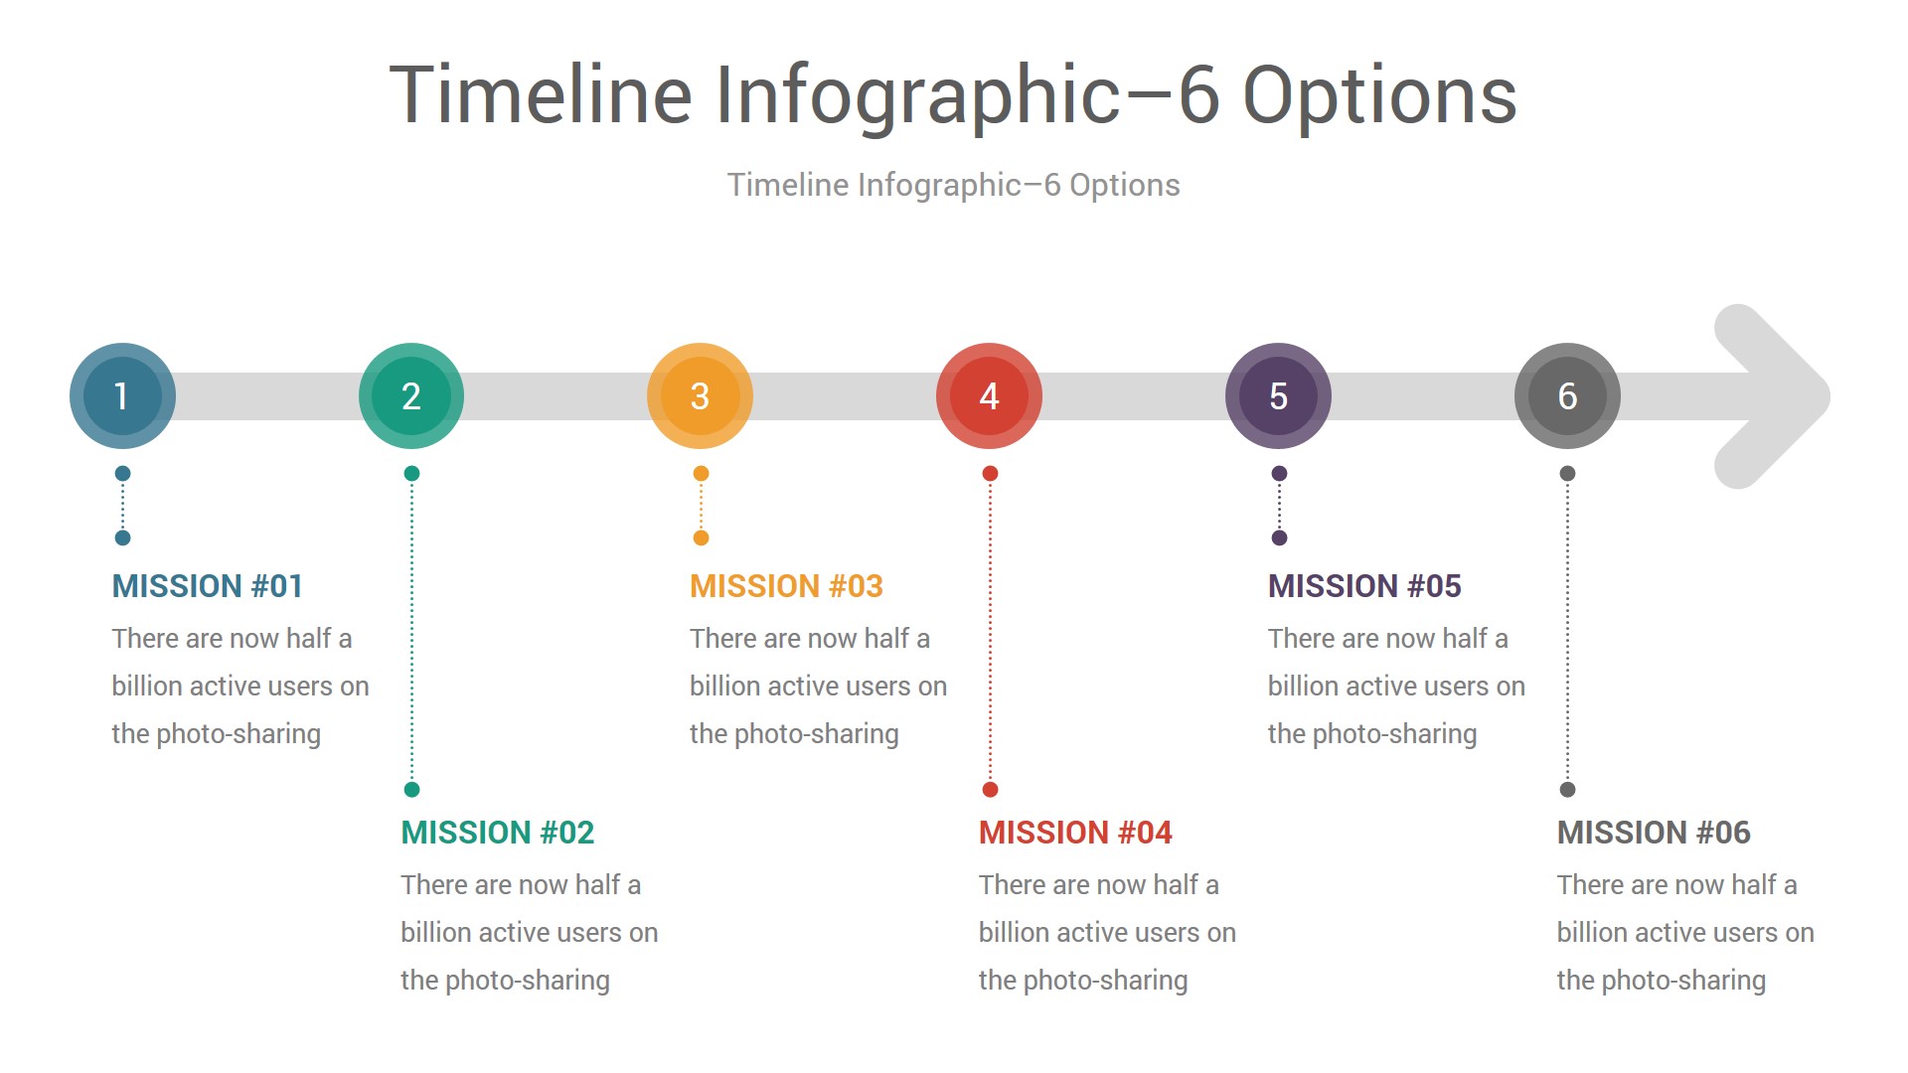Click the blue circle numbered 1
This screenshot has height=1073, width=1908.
point(122,396)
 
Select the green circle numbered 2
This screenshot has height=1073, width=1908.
point(411,396)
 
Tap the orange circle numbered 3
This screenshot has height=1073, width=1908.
point(701,396)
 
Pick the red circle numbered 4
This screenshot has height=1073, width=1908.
point(990,396)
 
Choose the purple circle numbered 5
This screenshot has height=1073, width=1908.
point(1279,396)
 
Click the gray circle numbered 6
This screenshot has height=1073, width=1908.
point(1568,396)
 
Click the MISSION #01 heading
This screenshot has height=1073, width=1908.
point(208,586)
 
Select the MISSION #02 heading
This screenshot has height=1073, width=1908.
point(498,833)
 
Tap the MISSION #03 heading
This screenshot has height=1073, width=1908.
point(787,586)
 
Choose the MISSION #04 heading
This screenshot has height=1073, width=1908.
point(1076,833)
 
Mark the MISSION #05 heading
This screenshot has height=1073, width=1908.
point(1365,586)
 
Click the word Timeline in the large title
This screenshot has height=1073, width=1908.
point(541,94)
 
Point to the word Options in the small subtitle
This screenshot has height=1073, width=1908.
point(1125,185)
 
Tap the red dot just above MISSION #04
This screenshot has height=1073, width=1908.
point(990,790)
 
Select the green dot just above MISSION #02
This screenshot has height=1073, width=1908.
point(412,790)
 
